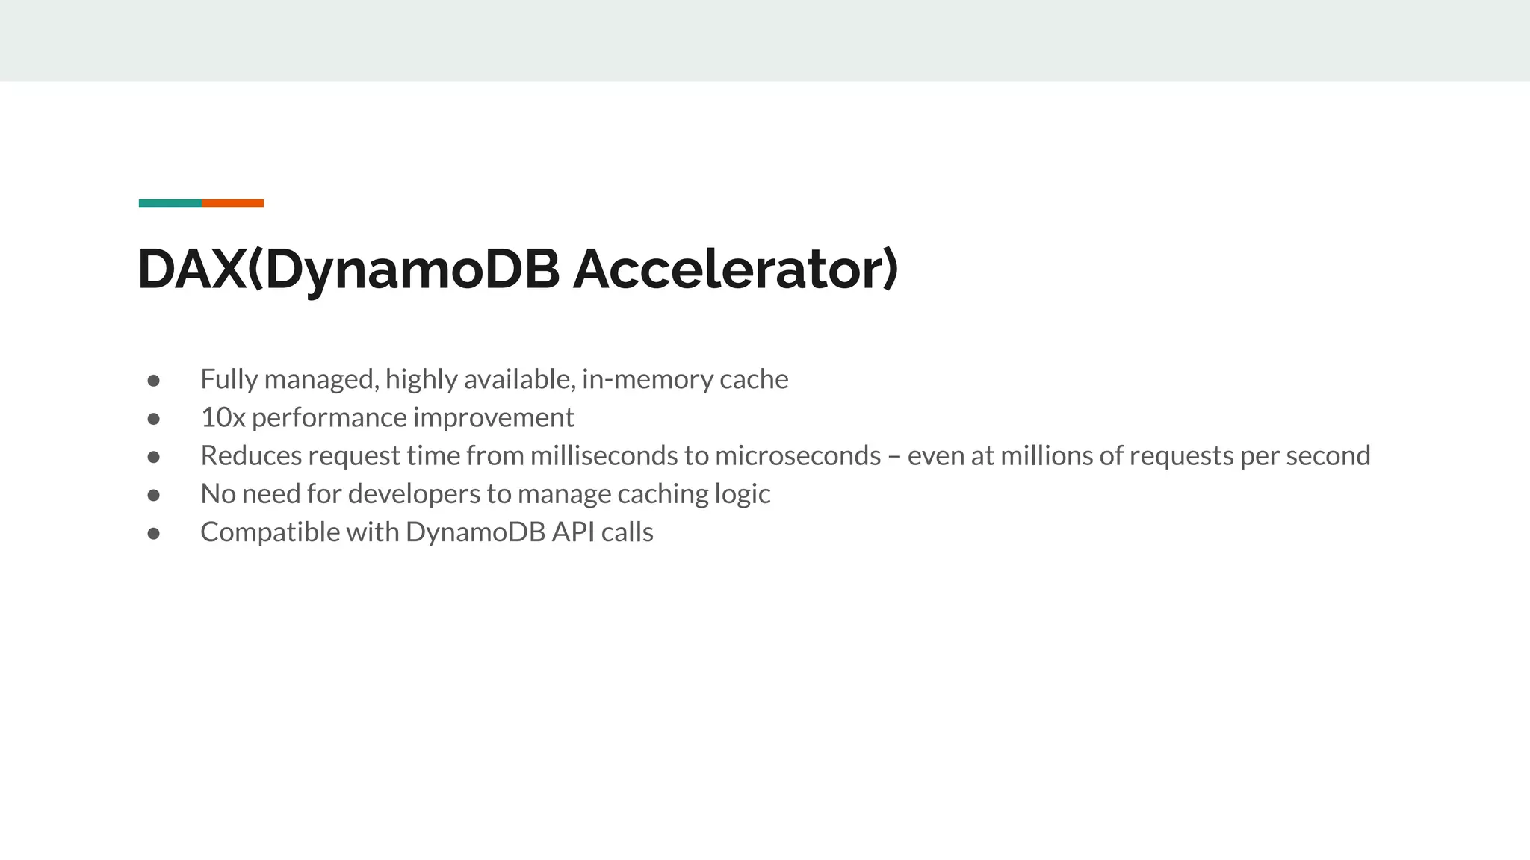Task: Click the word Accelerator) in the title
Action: tap(735, 269)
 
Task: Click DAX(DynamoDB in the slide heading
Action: tap(348, 269)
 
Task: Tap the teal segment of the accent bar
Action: tap(170, 203)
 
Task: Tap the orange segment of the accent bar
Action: tap(232, 203)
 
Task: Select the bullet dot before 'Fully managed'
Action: tap(154, 381)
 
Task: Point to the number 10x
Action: tap(223, 417)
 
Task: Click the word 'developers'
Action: tap(414, 494)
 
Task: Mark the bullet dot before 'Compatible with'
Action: tap(154, 533)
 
